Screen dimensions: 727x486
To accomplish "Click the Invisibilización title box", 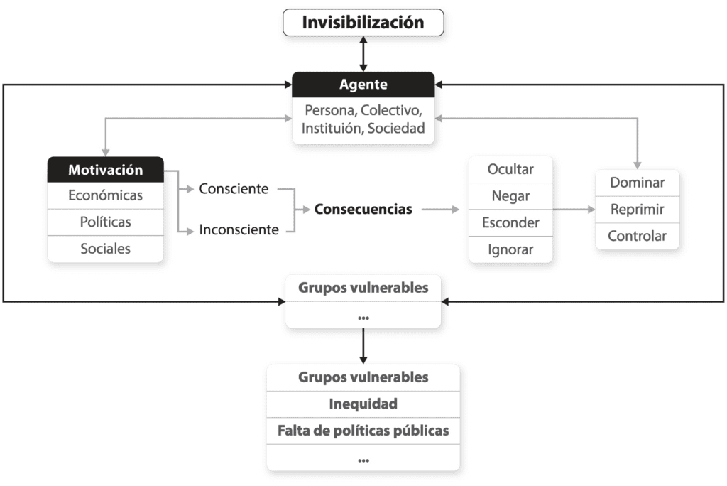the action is click(363, 22).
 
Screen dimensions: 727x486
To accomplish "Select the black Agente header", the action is click(363, 85).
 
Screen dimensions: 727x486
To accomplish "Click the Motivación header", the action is click(106, 169).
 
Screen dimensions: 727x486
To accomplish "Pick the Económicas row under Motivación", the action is click(106, 195).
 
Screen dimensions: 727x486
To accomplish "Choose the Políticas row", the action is click(106, 222).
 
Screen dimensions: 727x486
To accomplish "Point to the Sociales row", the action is click(106, 249).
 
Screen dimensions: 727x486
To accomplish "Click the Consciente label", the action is click(234, 189).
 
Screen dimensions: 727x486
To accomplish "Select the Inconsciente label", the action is click(239, 229).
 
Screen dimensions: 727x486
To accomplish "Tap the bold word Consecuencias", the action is click(363, 210).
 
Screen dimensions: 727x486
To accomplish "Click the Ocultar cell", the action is click(510, 169).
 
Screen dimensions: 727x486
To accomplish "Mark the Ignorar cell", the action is click(510, 249).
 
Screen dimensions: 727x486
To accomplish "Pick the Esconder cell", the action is click(510, 223).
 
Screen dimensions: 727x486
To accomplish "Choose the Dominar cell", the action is click(638, 183).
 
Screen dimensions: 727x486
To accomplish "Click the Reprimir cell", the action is click(638, 210).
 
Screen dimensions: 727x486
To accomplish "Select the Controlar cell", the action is click(638, 237).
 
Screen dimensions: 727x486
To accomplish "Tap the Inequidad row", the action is click(363, 404).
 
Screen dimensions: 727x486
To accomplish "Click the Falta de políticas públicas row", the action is click(363, 431).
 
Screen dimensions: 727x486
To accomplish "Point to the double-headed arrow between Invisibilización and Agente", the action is click(363, 54).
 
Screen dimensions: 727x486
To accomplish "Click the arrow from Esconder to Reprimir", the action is click(574, 210).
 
